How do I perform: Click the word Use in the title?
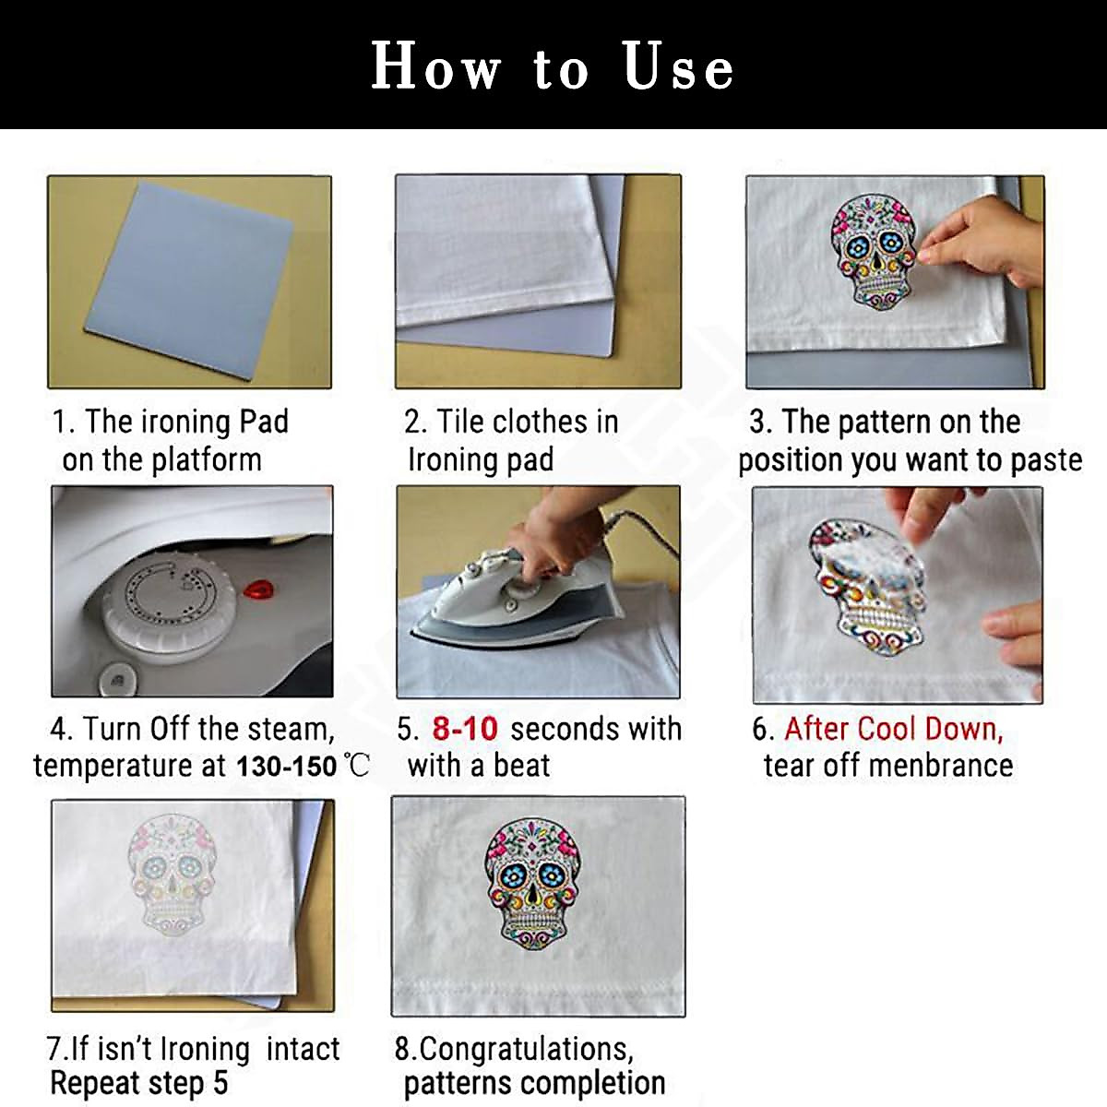pyautogui.click(x=678, y=66)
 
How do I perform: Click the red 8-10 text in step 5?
pyautogui.click(x=465, y=729)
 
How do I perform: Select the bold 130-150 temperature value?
pyautogui.click(x=286, y=767)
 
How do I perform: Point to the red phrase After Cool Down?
pyautogui.click(x=894, y=729)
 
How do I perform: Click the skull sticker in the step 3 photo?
pyautogui.click(x=874, y=251)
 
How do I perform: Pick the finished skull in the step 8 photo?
pyautogui.click(x=532, y=885)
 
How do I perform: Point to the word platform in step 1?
pyautogui.click(x=207, y=460)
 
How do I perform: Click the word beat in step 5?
pyautogui.click(x=521, y=766)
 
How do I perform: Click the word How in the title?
pyautogui.click(x=436, y=65)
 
